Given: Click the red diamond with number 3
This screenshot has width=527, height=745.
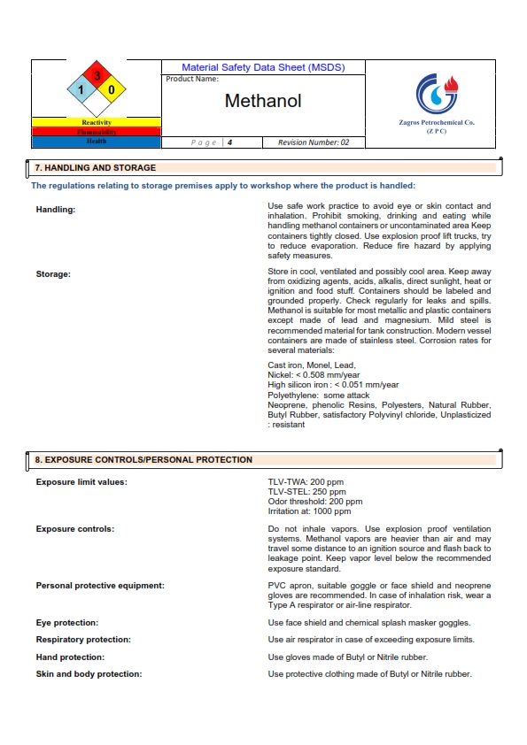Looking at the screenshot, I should click(x=97, y=76).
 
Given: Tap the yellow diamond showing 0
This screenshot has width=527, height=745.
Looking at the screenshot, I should click(x=112, y=90).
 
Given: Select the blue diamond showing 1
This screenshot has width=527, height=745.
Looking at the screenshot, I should click(x=81, y=90).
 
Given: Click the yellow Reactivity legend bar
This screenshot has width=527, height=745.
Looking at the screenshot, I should click(x=96, y=122).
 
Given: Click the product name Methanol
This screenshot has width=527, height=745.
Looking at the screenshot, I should click(x=263, y=101).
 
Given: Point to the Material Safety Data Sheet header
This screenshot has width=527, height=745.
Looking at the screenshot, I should click(x=263, y=67).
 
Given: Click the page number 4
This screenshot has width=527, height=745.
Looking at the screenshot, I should click(x=229, y=142).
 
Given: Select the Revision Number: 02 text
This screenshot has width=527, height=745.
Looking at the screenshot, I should click(x=314, y=142).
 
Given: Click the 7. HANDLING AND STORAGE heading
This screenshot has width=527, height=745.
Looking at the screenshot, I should click(x=95, y=167).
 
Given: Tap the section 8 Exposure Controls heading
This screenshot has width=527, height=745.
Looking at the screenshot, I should click(x=143, y=460).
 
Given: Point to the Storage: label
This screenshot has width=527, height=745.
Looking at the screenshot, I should click(x=53, y=274).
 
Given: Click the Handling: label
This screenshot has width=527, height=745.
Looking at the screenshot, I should click(x=56, y=210).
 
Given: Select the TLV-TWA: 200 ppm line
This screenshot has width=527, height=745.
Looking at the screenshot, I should click(x=306, y=482).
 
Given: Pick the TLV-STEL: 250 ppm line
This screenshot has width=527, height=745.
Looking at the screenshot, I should click(x=306, y=492).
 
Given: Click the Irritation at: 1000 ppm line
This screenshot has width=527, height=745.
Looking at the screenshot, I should click(x=309, y=511).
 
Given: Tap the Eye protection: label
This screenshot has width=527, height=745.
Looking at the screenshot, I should click(x=66, y=623).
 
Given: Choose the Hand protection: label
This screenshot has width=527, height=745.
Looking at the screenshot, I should click(x=70, y=657).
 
